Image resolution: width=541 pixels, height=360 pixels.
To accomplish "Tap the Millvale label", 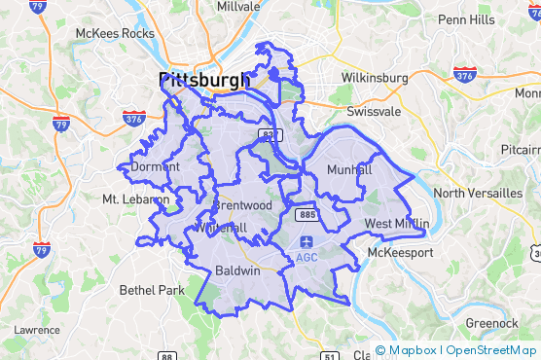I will pyautogui.click(x=238, y=6).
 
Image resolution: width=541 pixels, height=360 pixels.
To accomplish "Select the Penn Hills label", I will pyautogui.click(x=467, y=18).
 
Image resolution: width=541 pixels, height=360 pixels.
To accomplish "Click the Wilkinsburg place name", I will pyautogui.click(x=375, y=78).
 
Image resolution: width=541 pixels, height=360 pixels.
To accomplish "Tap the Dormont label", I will pyautogui.click(x=156, y=166).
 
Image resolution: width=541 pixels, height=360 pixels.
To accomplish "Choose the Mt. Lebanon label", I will pyautogui.click(x=135, y=199).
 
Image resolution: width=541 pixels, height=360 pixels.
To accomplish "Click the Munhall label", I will pyautogui.click(x=350, y=169).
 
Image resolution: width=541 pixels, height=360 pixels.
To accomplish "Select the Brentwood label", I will pyautogui.click(x=242, y=206).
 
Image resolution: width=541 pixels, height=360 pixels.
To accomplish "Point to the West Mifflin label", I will pyautogui.click(x=397, y=224).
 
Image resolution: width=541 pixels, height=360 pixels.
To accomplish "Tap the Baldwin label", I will pyautogui.click(x=237, y=270).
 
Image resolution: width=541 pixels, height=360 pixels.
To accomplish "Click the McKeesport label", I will pyautogui.click(x=401, y=253).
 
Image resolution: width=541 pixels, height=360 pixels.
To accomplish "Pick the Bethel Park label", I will pyautogui.click(x=151, y=290).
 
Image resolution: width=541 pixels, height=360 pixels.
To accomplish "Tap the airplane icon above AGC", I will pyautogui.click(x=307, y=241).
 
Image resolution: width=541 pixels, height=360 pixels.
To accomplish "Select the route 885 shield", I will pyautogui.click(x=307, y=213).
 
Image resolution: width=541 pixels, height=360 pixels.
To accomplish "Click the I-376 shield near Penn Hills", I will pyautogui.click(x=464, y=74).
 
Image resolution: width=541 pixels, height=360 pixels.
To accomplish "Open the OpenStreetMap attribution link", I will pyautogui.click(x=492, y=350).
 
